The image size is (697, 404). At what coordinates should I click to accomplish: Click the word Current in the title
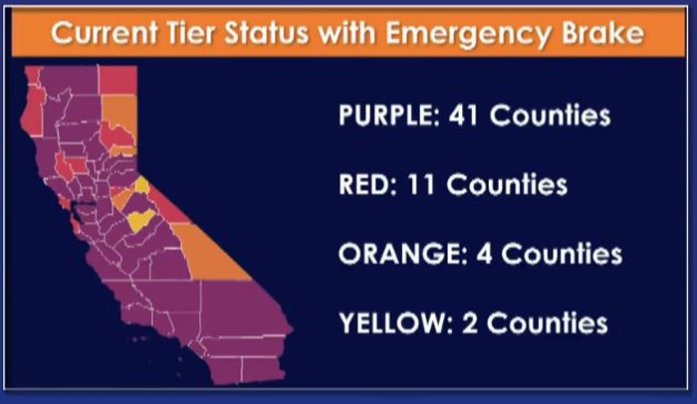(105, 33)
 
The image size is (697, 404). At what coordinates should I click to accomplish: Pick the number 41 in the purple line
(463, 115)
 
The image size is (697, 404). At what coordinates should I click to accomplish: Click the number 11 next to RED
(420, 184)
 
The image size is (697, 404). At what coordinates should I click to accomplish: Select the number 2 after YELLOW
(470, 323)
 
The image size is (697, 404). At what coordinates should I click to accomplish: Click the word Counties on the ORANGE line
(562, 254)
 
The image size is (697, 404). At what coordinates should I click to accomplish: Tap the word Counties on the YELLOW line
(548, 323)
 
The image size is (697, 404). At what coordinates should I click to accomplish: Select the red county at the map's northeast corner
(117, 80)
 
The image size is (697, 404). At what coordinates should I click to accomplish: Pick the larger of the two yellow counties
(140, 220)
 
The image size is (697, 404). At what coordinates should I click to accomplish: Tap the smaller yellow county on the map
(142, 185)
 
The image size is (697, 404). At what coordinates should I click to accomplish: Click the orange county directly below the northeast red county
(120, 113)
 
